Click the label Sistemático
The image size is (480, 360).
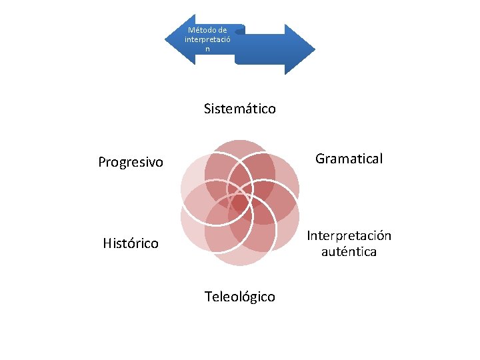(x=240, y=109)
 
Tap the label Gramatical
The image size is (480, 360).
(x=349, y=159)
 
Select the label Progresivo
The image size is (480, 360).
(x=131, y=162)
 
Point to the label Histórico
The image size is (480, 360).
(x=131, y=243)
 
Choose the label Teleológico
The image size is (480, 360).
(x=240, y=297)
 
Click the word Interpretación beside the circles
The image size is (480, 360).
(x=349, y=236)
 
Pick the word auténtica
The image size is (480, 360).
(x=349, y=252)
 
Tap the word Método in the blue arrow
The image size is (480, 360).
(x=198, y=30)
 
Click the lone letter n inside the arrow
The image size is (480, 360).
(x=207, y=49)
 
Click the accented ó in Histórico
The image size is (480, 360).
(x=133, y=243)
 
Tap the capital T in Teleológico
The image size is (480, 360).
(x=208, y=297)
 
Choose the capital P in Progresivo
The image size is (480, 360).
(x=102, y=162)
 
